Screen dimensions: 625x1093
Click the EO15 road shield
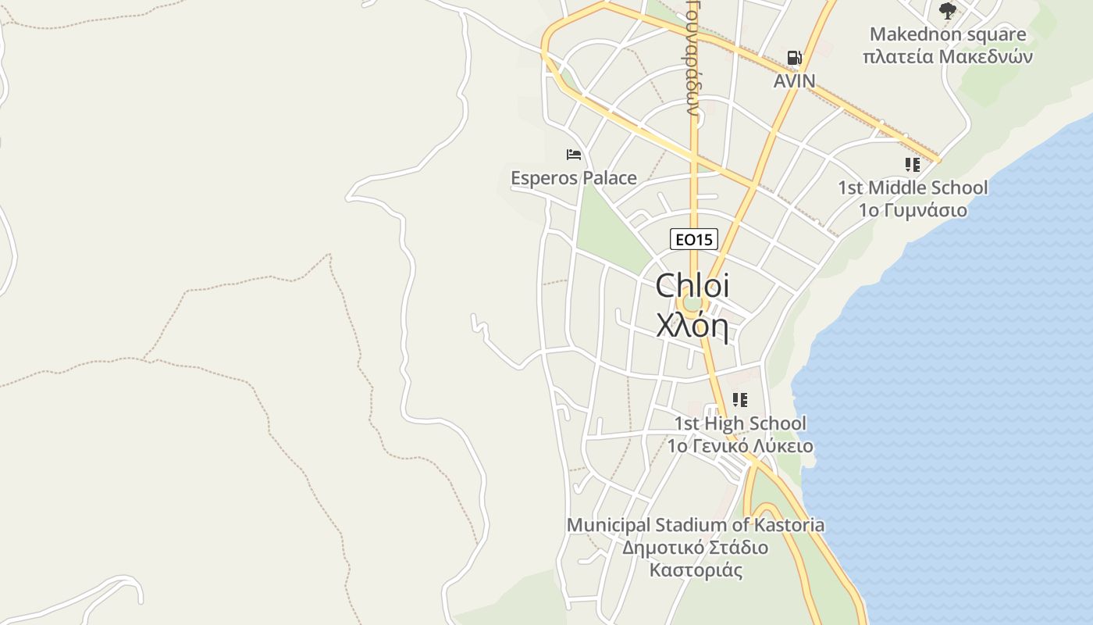693,239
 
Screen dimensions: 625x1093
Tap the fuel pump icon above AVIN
794,58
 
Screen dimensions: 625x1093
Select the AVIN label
794,80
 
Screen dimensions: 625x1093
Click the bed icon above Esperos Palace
574,155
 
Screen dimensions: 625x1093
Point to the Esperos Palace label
574,178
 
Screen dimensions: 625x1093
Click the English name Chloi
692,285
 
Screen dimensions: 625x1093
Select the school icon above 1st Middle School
913,165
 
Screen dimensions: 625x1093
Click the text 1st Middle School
913,187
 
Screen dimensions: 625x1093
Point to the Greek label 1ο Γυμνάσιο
913,210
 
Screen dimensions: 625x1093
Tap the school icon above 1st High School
740,401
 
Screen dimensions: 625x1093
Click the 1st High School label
740,423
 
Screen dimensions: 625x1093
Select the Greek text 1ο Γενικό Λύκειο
740,446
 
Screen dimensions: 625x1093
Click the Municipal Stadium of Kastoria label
695,525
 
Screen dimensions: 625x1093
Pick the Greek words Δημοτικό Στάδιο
695,547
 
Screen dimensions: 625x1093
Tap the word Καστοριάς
695,570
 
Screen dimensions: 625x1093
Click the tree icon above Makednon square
948,11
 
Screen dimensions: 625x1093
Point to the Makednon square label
948,34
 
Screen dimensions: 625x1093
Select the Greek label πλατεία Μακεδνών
948,57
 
